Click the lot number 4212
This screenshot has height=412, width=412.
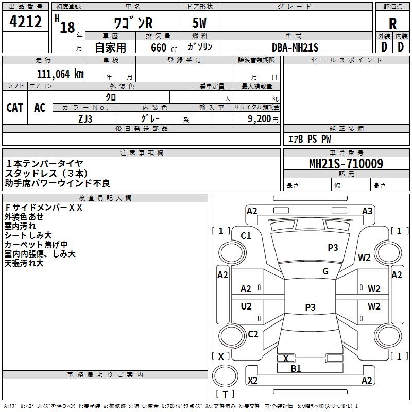pos(25,22)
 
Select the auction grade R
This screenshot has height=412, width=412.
pos(392,24)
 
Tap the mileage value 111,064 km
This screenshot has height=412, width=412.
pos(60,74)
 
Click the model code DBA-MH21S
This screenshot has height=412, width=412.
pos(295,47)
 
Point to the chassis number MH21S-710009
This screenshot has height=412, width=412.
pos(346,164)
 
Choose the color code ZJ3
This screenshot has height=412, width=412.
pos(85,119)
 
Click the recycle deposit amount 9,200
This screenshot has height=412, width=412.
pos(259,119)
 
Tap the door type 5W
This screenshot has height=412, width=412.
pos(199,23)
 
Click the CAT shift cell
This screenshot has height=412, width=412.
pos(15,108)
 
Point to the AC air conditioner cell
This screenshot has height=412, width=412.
pos(40,108)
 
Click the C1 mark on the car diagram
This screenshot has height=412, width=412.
pos(246,236)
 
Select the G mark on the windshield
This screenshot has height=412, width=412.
pos(325,271)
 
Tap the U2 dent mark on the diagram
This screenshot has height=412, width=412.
pos(246,306)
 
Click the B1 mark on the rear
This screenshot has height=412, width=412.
pos(296,369)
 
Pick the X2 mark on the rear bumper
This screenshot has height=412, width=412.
pos(252,380)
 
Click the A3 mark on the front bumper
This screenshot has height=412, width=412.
pos(367,211)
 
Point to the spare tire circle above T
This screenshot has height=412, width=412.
pos(225,376)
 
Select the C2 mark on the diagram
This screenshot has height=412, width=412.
pos(253,334)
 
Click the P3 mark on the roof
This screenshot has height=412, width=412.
pos(310,307)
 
